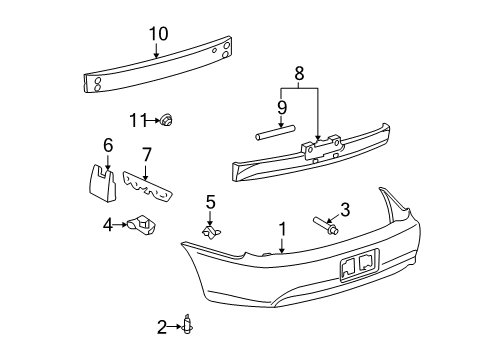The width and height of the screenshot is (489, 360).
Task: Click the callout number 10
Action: [158, 33]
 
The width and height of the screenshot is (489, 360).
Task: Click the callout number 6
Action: [109, 146]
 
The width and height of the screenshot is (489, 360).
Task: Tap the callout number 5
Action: [210, 203]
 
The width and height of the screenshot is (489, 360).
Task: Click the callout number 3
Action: [345, 209]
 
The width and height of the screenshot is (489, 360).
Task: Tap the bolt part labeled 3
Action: [326, 222]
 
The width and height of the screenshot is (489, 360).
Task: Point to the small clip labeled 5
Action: [211, 233]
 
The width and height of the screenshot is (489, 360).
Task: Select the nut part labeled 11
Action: [168, 121]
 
